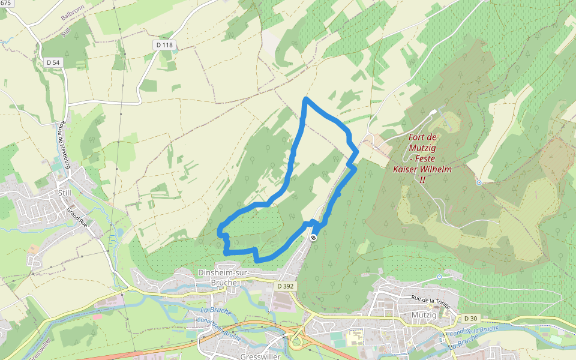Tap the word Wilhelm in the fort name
tap(437, 169)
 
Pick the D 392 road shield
tap(286, 286)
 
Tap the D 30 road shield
tap(470, 318)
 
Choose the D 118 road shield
tap(163, 45)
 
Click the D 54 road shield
tap(53, 62)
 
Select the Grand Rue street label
tap(78, 217)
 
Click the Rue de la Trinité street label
tap(431, 298)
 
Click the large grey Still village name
tap(64, 193)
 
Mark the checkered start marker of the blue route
tap(313, 238)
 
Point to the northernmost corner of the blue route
tap(307, 98)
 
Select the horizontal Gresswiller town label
tap(260, 356)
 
